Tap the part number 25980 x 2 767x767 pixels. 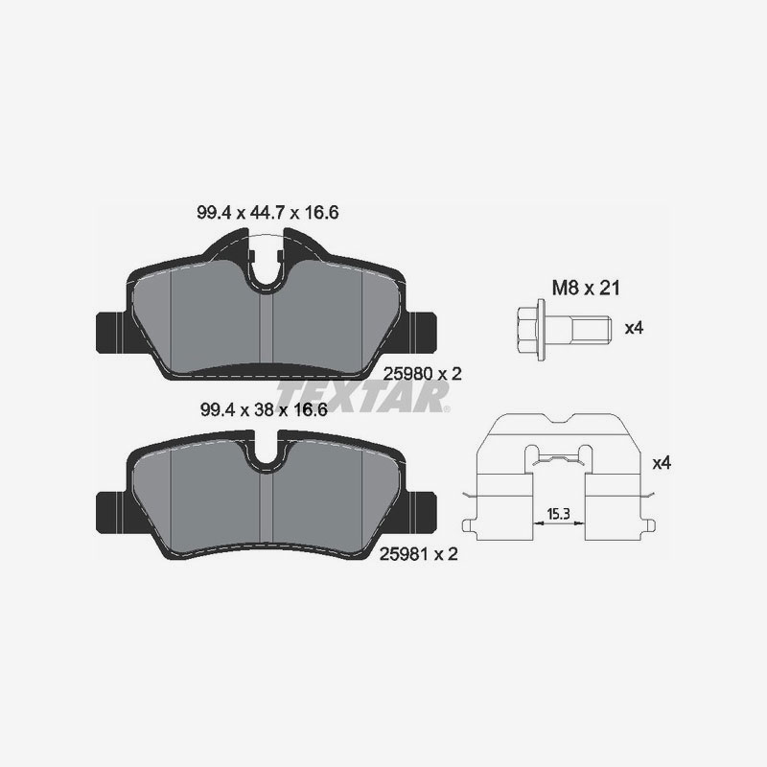coord(421,374)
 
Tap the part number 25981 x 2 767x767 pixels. coord(421,554)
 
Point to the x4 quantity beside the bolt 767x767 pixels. coord(633,329)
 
